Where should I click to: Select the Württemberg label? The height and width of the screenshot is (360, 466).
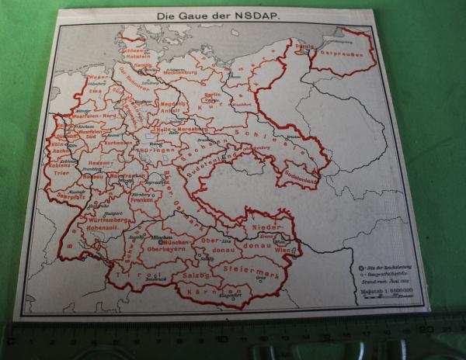102,220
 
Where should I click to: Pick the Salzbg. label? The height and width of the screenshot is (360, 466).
190,275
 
